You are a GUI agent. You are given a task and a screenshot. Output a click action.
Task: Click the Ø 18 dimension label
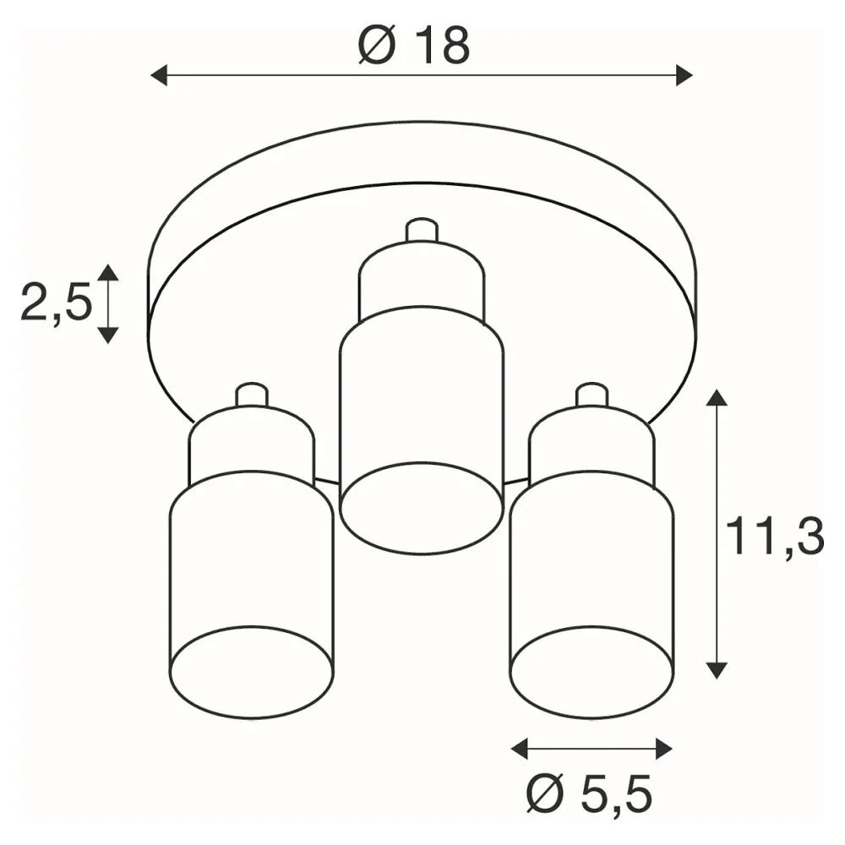(414, 46)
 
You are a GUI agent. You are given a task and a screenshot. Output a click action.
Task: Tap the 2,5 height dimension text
(57, 303)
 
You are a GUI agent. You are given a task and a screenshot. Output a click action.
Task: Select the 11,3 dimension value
(775, 537)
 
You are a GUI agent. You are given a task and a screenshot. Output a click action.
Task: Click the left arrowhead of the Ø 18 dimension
(159, 75)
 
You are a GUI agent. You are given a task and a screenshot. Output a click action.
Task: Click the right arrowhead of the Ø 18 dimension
(684, 75)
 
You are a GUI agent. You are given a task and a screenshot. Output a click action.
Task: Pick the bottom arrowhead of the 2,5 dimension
(108, 335)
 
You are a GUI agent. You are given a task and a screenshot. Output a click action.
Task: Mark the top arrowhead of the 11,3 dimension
(717, 397)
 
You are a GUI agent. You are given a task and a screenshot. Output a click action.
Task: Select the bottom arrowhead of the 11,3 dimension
(717, 670)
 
